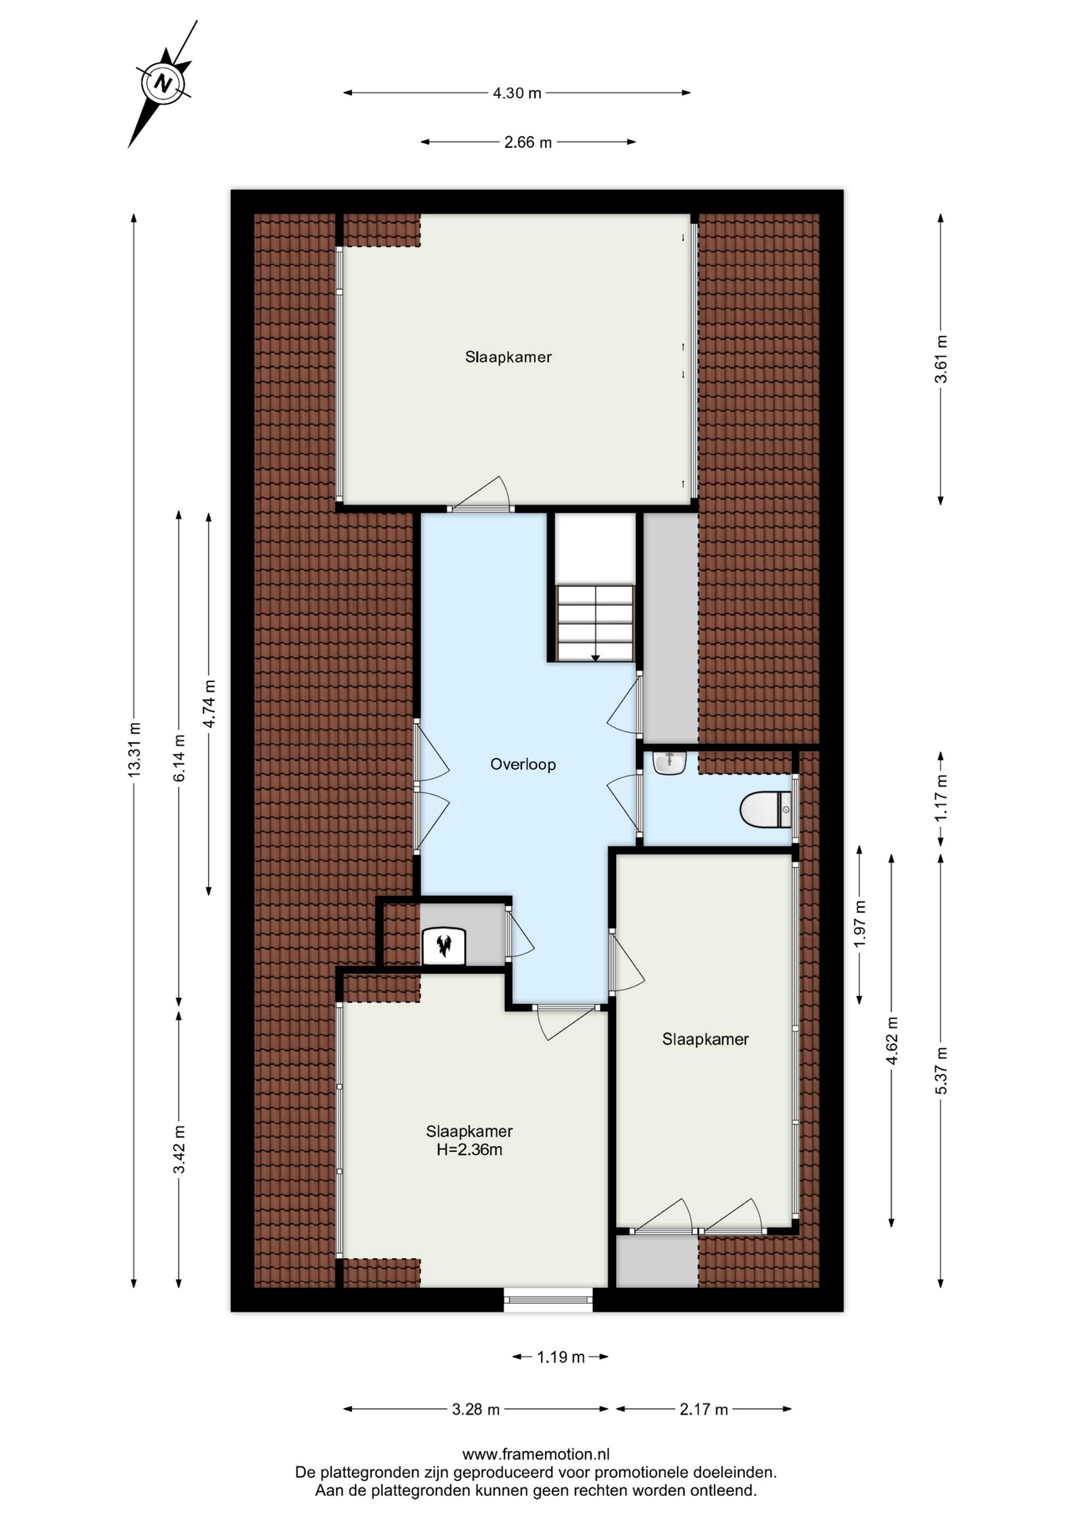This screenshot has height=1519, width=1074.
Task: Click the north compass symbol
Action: coord(164,83)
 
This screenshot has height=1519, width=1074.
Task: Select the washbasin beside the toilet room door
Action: coord(669,763)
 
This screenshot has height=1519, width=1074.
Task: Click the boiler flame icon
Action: coord(444,944)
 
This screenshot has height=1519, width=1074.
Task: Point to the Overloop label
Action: coord(523,764)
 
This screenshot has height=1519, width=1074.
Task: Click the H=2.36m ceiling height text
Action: coord(469,1150)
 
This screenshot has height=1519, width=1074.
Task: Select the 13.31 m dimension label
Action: coord(134,750)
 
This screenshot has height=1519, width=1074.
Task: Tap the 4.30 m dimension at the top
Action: coord(517,93)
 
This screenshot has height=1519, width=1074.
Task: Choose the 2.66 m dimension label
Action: coord(528,142)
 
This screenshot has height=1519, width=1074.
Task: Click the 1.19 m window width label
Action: coord(561,1358)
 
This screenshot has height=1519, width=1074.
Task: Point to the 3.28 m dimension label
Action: coord(476,1409)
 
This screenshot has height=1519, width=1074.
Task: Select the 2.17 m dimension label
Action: coord(704,1409)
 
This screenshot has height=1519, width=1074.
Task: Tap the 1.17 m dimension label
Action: coord(941,797)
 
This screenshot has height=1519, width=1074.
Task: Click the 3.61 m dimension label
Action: coord(941,359)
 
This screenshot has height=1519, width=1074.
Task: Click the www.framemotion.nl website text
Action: coord(536,1454)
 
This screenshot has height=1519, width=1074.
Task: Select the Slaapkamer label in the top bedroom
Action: coord(508,357)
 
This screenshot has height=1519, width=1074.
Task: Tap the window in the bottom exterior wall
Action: coord(548,1299)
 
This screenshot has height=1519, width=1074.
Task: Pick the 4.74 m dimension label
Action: coord(210,704)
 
